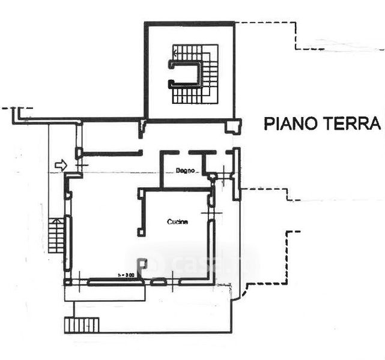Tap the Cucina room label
[177, 222]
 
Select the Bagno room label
[185, 172]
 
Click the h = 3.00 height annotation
[126, 275]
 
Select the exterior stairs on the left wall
[55, 235]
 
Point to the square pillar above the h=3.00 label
[142, 262]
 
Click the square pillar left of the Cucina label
[141, 231]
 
